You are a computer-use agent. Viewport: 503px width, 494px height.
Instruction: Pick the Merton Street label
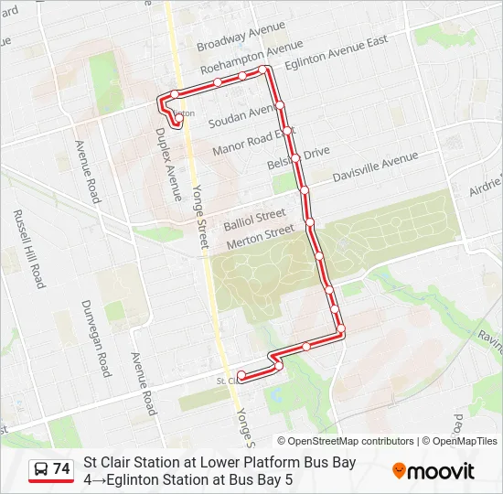[260, 234]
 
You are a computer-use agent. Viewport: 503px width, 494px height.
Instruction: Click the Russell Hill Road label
[28, 249]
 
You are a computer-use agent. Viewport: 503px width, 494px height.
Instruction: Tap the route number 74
[61, 468]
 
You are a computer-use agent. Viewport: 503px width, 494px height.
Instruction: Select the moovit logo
[433, 471]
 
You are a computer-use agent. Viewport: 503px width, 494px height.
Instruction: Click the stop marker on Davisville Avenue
[305, 190]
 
